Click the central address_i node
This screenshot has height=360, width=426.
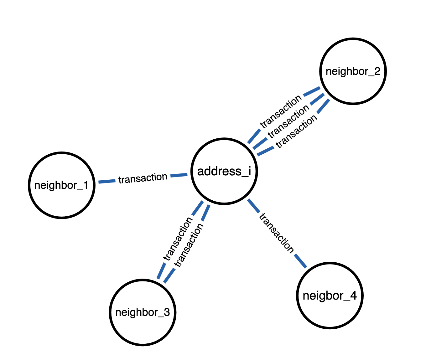point(224,171)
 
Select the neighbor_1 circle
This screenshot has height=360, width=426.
point(61,185)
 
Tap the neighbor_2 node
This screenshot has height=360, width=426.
point(353,71)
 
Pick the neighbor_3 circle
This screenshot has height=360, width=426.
point(143,312)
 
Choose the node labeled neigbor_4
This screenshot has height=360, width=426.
point(330,296)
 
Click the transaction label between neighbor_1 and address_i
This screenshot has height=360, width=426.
point(143,178)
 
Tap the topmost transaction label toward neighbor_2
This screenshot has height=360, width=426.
point(281,112)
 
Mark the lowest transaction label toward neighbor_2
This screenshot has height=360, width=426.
point(296,131)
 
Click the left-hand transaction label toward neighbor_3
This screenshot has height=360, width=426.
point(178,239)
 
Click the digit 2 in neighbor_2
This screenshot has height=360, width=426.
point(377,71)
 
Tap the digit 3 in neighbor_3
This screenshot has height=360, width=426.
point(167,312)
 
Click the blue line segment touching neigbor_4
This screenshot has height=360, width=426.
point(300,261)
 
